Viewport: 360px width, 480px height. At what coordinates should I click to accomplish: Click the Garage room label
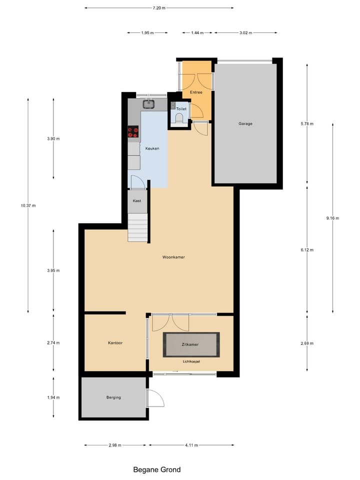click(x=245, y=123)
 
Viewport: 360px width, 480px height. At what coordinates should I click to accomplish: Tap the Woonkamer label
click(x=174, y=257)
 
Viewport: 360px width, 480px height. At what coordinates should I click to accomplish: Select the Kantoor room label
click(x=115, y=343)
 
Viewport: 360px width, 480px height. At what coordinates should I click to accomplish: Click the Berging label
click(x=113, y=397)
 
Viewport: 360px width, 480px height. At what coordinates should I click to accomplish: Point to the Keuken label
click(x=152, y=149)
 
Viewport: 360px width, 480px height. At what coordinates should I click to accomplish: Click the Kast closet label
click(x=136, y=201)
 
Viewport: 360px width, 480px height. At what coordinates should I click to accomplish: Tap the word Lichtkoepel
click(x=191, y=361)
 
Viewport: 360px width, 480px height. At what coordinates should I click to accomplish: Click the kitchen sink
click(x=148, y=104)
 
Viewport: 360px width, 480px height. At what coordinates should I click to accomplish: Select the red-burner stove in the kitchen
click(x=133, y=132)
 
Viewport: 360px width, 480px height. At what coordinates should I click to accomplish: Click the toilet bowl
click(x=179, y=118)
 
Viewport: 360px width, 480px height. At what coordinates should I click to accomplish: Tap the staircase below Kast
click(x=138, y=227)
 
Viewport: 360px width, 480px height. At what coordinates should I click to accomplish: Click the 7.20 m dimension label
click(x=159, y=8)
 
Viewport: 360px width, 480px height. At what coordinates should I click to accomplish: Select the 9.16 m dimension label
click(x=332, y=218)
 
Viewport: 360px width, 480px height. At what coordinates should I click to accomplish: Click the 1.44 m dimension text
click(x=197, y=32)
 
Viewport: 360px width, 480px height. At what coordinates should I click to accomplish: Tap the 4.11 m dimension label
click(x=191, y=445)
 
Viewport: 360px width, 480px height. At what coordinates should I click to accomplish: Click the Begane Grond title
click(x=157, y=469)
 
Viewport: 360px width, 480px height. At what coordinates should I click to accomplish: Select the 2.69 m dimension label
click(x=306, y=343)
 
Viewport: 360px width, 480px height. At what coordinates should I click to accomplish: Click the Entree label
click(x=195, y=93)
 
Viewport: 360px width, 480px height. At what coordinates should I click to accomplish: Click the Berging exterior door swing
click(x=155, y=398)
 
